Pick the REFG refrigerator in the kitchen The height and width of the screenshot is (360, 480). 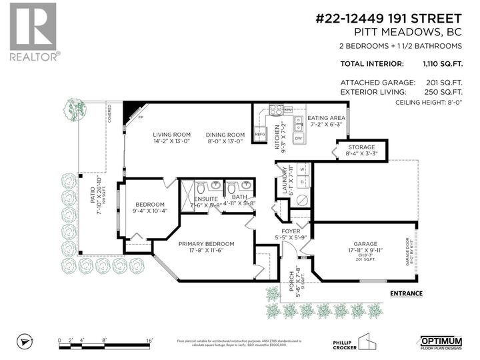click(x=261, y=133)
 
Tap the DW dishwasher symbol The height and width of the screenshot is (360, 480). click(x=298, y=138)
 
